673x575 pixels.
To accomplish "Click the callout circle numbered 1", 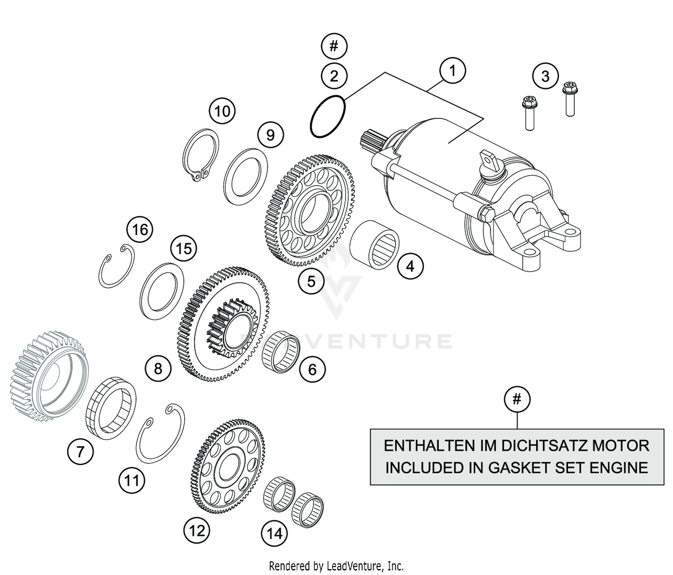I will (452, 71).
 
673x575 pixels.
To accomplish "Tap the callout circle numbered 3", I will (545, 76).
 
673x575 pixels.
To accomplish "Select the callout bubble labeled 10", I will (222, 111).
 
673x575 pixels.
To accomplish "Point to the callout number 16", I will (140, 230).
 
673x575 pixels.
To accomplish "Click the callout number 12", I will (197, 531).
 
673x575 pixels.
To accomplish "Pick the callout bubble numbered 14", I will (275, 533).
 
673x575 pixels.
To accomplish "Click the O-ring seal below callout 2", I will (328, 117).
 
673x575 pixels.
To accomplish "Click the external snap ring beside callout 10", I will (201, 155).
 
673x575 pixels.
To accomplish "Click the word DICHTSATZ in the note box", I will (545, 445).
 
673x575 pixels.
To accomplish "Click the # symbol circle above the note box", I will (517, 399).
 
